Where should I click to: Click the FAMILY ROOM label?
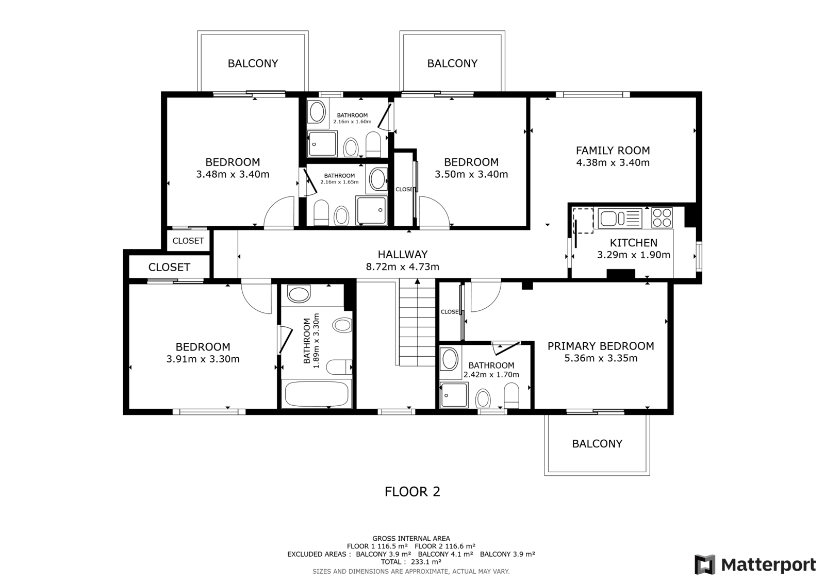pos(613,151)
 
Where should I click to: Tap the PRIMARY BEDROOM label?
pos(601,346)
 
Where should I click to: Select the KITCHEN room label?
pos(634,243)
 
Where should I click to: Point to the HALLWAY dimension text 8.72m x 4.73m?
pos(403,266)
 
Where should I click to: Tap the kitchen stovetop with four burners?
pos(662,218)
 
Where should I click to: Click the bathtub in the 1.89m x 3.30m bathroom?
pos(317,394)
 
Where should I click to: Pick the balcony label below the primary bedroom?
pos(597,444)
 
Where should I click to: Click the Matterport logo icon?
pos(705,564)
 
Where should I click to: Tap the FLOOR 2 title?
pos(412,492)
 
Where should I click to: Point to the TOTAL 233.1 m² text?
pos(411,562)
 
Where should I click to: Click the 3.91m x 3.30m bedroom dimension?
pos(203,359)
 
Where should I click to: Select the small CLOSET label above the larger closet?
pos(188,241)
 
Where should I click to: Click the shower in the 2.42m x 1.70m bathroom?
pos(454,395)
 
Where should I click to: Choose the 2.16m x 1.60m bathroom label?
pos(353,118)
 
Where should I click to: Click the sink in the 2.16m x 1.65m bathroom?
pos(377,179)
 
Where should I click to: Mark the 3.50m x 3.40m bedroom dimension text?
pos(471,174)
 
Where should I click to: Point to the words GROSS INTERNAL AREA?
pos(411,539)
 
